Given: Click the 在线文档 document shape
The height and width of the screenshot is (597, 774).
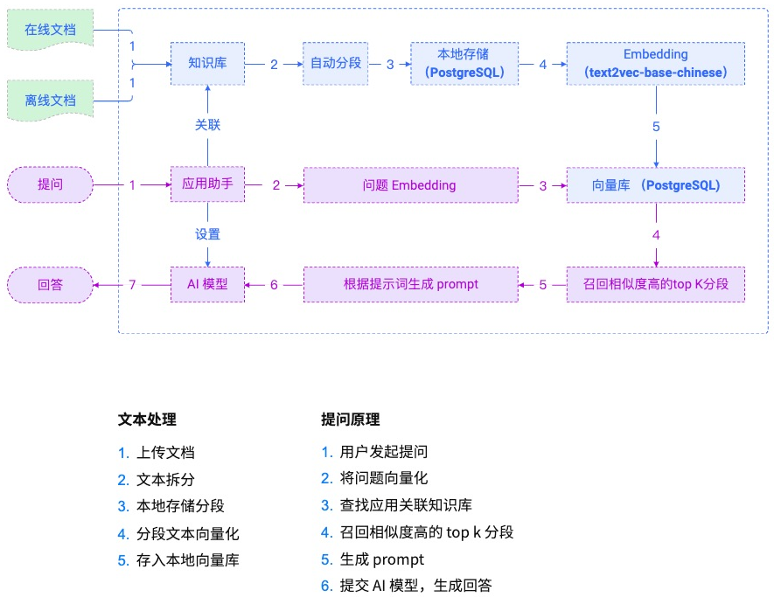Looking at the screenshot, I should [50, 30].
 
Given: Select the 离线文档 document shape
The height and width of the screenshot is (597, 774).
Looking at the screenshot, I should [50, 100].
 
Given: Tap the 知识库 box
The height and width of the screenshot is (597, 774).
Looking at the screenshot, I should [207, 64].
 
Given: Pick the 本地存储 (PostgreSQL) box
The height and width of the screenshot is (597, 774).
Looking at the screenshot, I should [464, 64].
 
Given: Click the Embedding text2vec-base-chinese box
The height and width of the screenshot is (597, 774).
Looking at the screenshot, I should [655, 64].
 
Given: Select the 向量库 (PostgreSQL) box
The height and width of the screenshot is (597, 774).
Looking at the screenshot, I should [655, 185].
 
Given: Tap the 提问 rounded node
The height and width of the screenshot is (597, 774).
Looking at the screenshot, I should [50, 185].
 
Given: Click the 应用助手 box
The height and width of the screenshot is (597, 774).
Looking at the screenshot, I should [207, 185].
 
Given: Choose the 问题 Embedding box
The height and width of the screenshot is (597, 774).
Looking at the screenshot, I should [410, 185].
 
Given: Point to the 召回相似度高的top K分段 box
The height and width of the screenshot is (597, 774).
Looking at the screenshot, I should [655, 284].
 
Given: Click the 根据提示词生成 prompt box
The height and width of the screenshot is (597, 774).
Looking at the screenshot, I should [410, 284].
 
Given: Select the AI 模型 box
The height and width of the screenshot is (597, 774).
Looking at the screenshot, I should [207, 284].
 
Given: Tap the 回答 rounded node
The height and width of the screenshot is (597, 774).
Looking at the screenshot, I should [50, 284].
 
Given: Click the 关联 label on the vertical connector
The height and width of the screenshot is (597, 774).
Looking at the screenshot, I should [207, 125].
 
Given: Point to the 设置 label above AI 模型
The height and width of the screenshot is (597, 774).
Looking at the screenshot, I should [207, 234].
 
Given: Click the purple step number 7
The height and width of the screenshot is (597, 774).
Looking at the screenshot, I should [132, 284].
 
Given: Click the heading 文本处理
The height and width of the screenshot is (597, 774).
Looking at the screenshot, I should [147, 420].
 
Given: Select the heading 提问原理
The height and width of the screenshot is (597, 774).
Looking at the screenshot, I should [351, 420].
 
